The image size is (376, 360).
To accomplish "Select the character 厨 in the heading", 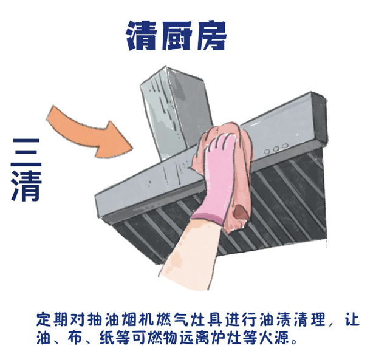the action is (x=177, y=35).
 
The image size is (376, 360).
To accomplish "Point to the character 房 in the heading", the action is (x=211, y=35).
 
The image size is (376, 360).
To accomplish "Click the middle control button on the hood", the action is (x=276, y=149).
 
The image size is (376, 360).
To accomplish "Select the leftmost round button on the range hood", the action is (x=267, y=152).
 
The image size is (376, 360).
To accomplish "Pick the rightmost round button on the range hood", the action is (x=285, y=146).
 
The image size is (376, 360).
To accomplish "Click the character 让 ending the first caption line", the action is (x=352, y=319).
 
